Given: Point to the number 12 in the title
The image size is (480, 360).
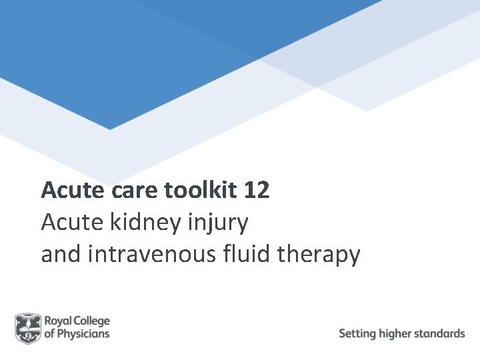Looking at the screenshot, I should (257, 191).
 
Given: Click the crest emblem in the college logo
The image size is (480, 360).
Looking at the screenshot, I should (28, 329).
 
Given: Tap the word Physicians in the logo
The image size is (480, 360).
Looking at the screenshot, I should (84, 334).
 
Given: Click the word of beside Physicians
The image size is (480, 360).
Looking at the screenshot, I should (50, 334).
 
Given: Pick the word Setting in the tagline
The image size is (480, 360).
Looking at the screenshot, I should (357, 333).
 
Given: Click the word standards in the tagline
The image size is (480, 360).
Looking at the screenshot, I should (441, 333).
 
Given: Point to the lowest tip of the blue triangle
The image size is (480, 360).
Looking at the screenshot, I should (109, 129).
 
